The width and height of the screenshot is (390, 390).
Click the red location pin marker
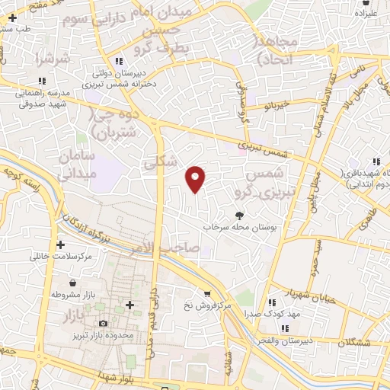pyautogui.click(x=196, y=177)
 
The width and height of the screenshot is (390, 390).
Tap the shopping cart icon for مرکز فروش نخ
pyautogui.click(x=206, y=293)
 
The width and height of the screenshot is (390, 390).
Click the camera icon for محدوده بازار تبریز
pyautogui.click(x=103, y=324)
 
